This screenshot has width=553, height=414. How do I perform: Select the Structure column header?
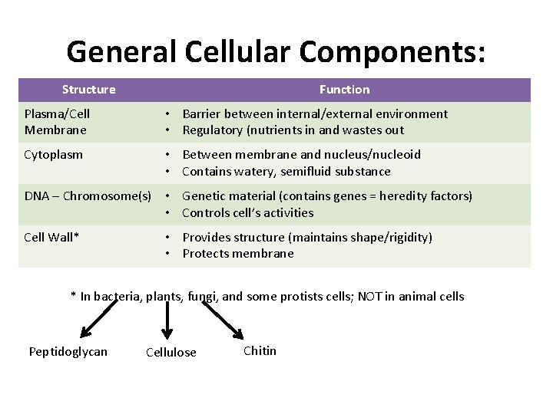[x=89, y=90]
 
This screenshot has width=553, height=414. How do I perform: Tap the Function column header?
[x=344, y=90]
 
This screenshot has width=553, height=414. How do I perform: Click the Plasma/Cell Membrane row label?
[x=57, y=122]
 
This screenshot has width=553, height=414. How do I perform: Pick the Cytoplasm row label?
[x=54, y=155]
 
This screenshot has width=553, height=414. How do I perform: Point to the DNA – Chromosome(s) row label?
[x=88, y=196]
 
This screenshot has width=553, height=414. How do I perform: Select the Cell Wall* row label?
[x=51, y=237]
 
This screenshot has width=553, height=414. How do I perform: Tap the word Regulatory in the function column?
[x=213, y=130]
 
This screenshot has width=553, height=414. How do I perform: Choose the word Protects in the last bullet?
[x=207, y=254]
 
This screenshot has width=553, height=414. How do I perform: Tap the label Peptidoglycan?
[x=68, y=352]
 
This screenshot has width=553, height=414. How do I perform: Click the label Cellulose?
[x=171, y=353]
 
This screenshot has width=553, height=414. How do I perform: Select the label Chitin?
[x=260, y=351]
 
